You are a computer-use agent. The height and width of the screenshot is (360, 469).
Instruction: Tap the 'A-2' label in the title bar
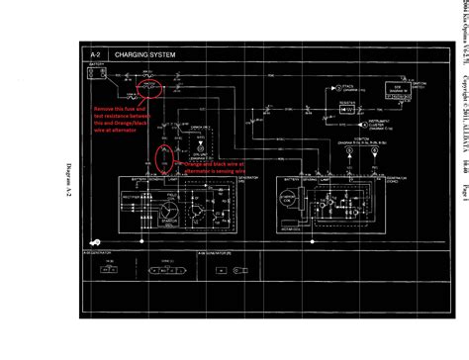click(96, 54)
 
